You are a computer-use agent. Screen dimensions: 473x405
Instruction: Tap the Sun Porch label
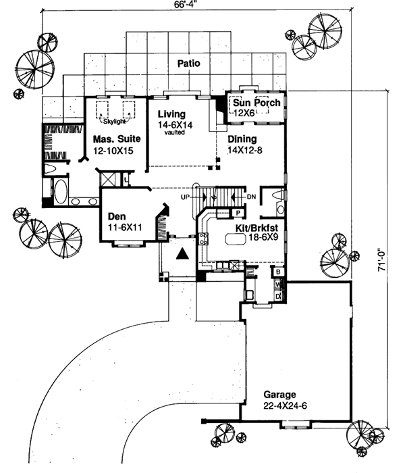tap(257, 103)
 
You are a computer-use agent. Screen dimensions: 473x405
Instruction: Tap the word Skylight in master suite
tap(118, 122)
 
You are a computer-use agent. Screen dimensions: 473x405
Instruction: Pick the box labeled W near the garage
tap(277, 285)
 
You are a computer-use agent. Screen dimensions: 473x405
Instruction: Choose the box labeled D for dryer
tap(277, 295)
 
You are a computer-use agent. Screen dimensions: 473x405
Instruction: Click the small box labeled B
tap(277, 272)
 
